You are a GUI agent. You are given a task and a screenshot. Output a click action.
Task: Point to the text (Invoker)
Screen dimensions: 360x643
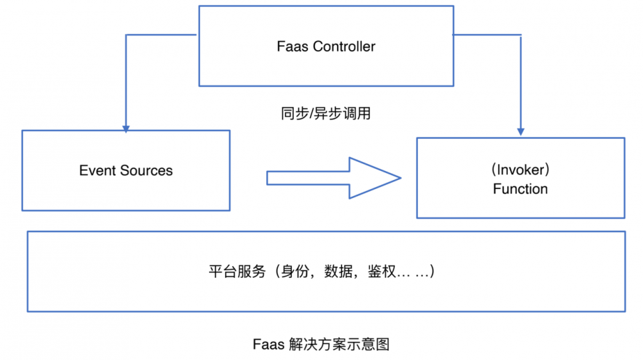click(x=520, y=170)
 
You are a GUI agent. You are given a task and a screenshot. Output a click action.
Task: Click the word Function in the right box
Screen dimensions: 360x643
click(x=520, y=189)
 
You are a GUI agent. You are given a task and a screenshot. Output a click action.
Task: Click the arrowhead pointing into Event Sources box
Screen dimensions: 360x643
click(x=126, y=126)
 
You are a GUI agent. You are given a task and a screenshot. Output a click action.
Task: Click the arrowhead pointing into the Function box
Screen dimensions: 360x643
click(x=521, y=132)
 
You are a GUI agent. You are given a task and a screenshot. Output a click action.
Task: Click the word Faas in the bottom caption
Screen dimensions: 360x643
click(x=266, y=344)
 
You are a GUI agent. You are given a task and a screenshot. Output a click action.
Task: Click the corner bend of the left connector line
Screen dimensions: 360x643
click(x=126, y=35)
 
